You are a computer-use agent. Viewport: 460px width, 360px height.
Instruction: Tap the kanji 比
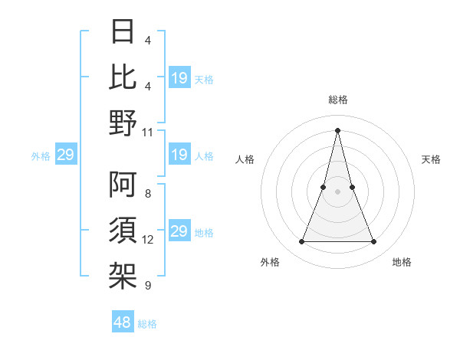coord(123,77)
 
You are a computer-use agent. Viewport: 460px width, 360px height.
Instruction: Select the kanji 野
coord(123,122)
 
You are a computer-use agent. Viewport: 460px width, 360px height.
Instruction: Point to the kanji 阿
coord(123,185)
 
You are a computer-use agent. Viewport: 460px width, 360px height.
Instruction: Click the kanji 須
coord(123,230)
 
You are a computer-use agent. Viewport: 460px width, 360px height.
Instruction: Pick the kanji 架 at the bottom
coord(123,275)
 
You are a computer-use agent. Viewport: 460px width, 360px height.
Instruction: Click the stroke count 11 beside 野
coord(148,132)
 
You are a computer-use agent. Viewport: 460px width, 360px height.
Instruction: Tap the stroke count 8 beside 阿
coord(148,195)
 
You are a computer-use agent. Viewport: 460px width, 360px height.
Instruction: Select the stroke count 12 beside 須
coord(148,240)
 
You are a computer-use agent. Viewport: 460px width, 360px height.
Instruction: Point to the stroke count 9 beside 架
coord(148,286)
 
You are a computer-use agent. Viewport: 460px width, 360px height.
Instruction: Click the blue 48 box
coord(123,322)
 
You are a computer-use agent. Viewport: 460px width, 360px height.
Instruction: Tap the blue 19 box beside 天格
coord(179,78)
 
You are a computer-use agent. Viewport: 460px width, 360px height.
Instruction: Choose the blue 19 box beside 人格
coord(179,155)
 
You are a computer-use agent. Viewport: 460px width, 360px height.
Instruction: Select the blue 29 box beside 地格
coord(179,231)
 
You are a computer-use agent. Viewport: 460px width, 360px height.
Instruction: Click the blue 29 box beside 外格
coord(66,155)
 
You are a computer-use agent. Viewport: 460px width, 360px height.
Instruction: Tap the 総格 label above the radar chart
coord(338,100)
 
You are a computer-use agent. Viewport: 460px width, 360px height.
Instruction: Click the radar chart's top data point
coord(338,130)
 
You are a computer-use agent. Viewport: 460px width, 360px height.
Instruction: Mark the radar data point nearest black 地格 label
coord(374,242)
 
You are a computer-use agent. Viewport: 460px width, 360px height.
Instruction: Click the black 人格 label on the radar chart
coord(245,159)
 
